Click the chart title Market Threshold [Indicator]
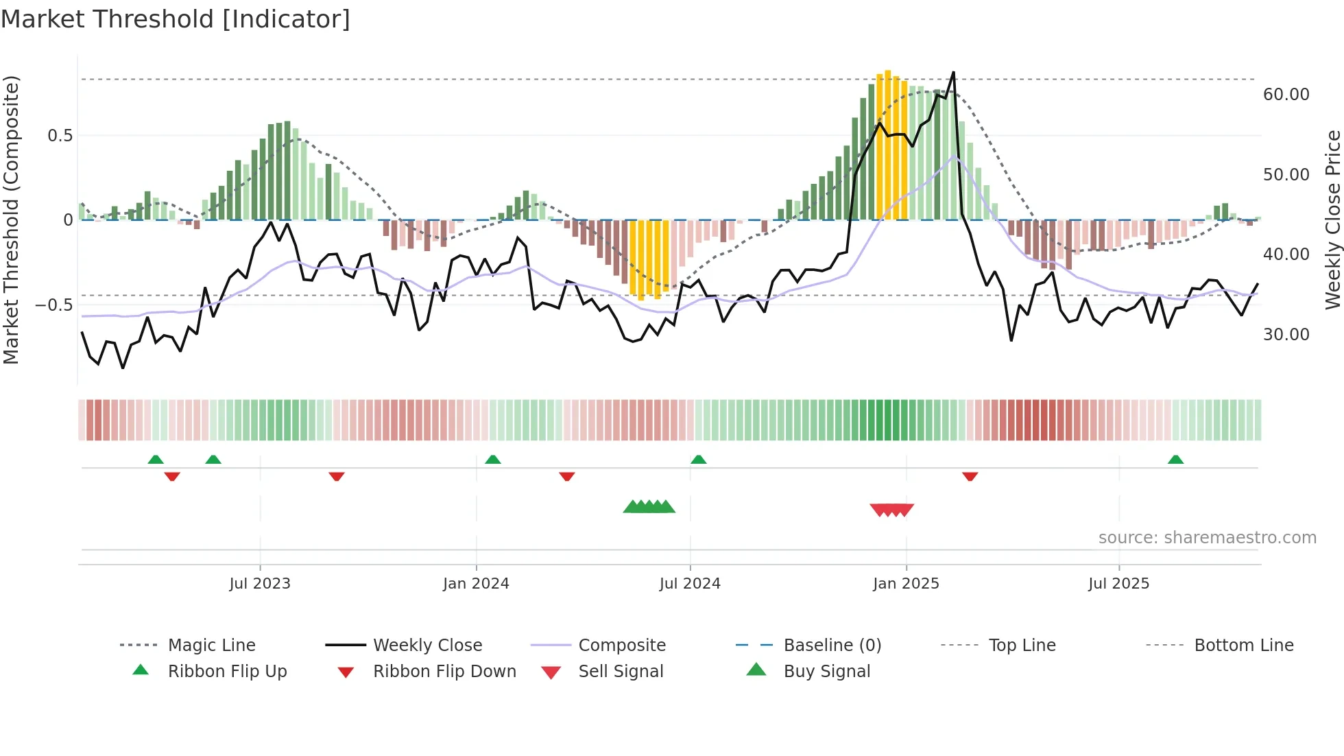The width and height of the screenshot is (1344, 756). [176, 19]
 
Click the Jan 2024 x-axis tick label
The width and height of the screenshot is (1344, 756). [476, 584]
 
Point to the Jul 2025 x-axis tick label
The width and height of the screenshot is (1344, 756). [1118, 584]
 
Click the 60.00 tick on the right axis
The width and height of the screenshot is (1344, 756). [1286, 95]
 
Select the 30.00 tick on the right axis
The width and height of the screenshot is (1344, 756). [1286, 335]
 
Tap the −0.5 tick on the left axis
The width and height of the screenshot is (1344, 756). [53, 305]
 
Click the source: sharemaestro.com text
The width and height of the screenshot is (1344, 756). [1207, 538]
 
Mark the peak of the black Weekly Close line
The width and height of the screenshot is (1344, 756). [953, 72]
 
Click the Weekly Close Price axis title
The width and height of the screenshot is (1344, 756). [1332, 220]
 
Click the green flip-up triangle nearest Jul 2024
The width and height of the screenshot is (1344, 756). [698, 459]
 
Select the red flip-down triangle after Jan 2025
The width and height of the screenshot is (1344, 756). [970, 476]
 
